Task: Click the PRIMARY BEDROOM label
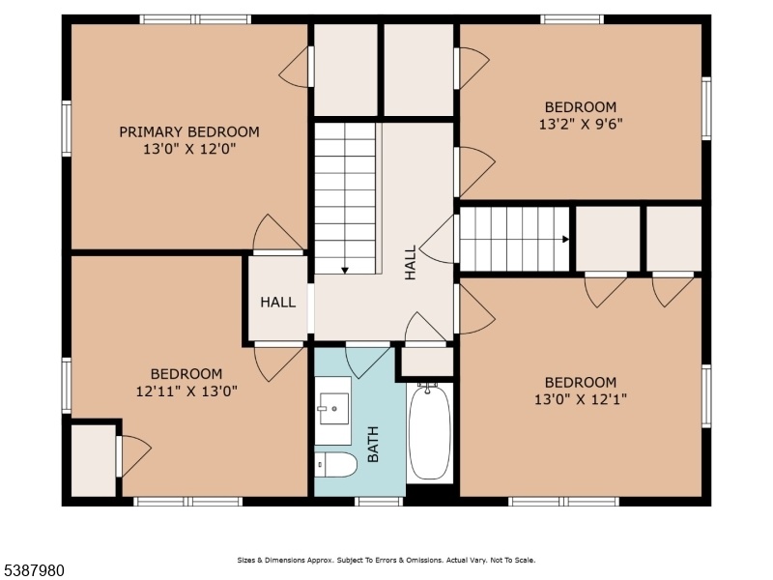click(189, 131)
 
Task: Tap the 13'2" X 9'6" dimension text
click(581, 124)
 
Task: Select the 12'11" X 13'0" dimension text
click(186, 391)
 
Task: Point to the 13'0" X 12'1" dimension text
click(581, 398)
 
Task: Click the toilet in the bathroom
click(335, 465)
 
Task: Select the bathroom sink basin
click(333, 408)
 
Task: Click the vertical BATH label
click(373, 445)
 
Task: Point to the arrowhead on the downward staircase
click(345, 271)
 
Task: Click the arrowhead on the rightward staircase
click(566, 239)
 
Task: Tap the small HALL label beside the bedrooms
click(278, 302)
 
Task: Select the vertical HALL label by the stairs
click(410, 262)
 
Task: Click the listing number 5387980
click(32, 570)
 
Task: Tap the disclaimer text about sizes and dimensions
click(386, 561)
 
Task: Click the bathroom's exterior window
click(379, 502)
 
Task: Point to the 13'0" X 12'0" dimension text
click(189, 149)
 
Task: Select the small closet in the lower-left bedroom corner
click(94, 461)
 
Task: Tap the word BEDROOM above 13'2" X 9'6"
click(581, 106)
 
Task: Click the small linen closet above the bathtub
click(427, 362)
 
